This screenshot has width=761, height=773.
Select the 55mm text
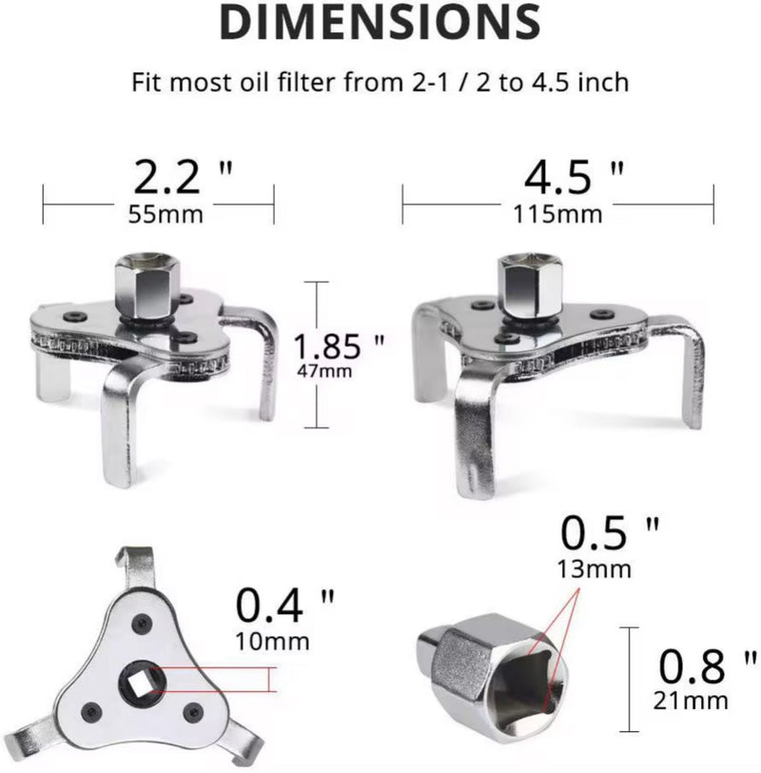(x=166, y=213)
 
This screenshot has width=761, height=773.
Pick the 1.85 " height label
(x=339, y=345)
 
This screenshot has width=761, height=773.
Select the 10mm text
(x=272, y=641)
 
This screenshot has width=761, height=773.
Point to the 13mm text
(x=596, y=569)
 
